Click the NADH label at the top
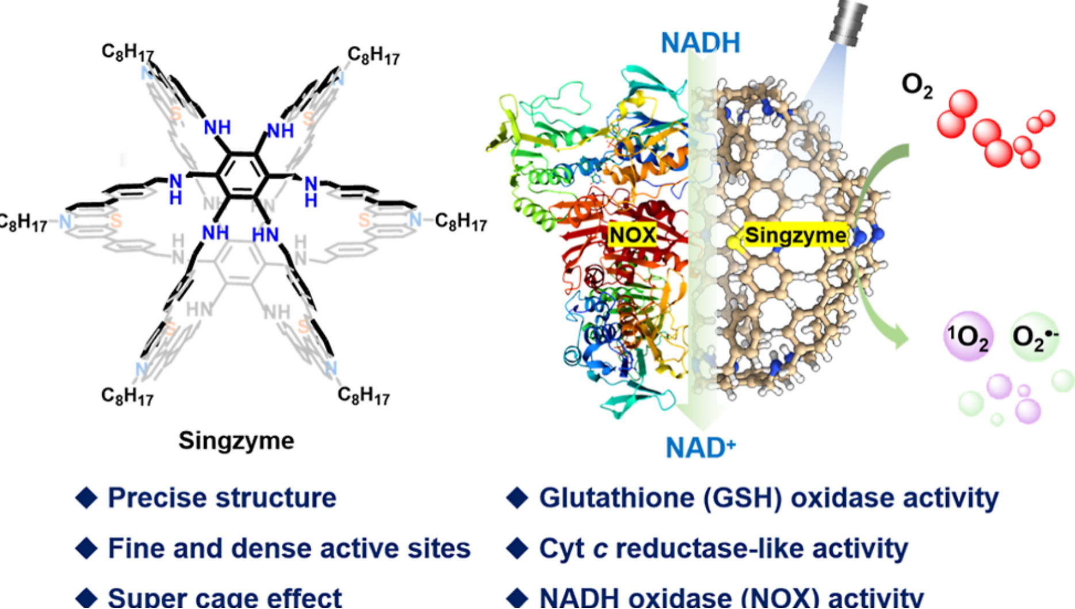(x=700, y=43)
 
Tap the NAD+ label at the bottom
(x=700, y=447)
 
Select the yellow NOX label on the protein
(x=632, y=235)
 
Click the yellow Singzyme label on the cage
(x=795, y=235)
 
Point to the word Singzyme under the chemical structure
(x=236, y=441)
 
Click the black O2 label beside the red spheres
(x=917, y=85)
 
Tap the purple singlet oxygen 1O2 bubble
(x=968, y=336)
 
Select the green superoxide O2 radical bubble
(x=1034, y=336)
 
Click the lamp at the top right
(x=849, y=23)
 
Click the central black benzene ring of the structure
(x=242, y=175)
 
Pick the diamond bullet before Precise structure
(x=86, y=497)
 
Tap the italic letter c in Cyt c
(x=600, y=549)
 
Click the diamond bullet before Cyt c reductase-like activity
(x=517, y=548)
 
